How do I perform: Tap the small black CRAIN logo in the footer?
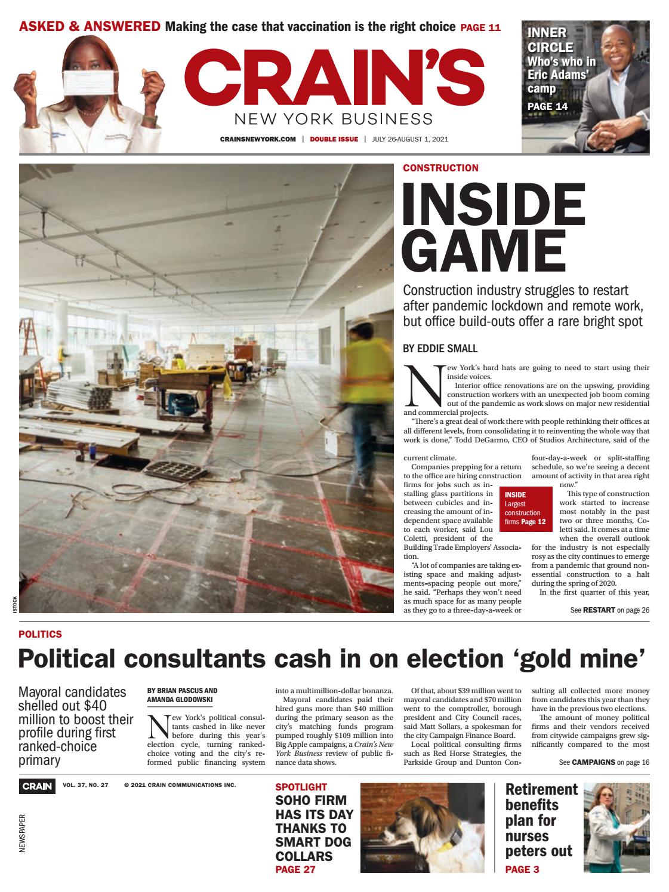(x=37, y=786)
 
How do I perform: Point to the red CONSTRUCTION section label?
(x=440, y=168)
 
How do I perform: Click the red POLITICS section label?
(x=40, y=634)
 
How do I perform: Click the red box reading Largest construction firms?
(x=523, y=508)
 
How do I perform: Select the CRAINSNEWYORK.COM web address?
(x=258, y=139)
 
